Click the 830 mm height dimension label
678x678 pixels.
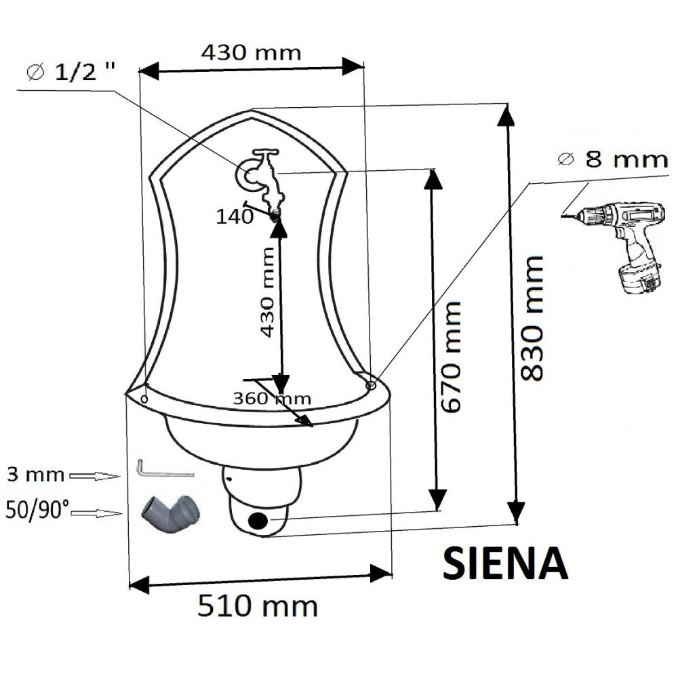tap(532, 319)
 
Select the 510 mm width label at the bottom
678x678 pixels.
tap(258, 605)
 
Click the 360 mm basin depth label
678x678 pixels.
tap(272, 398)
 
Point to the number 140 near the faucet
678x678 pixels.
tap(235, 217)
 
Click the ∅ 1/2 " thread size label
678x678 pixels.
tap(71, 71)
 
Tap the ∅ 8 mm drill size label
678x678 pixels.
tap(613, 159)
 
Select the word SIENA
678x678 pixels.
tap(505, 563)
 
